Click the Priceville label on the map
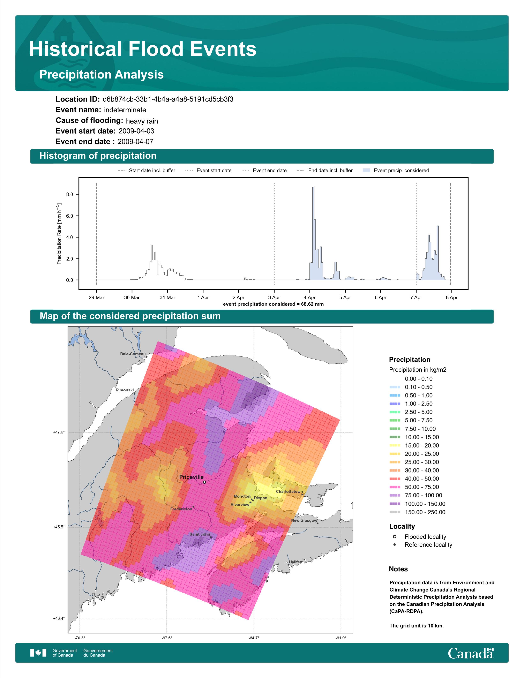[191, 477]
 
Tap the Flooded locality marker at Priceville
[204, 482]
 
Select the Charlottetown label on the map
[289, 491]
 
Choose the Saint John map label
[200, 534]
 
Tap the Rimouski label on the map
[125, 390]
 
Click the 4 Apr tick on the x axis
[309, 290]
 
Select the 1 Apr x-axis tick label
[203, 297]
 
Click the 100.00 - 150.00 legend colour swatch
[395, 504]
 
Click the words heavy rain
[142, 121]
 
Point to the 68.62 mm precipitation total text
[312, 304]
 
